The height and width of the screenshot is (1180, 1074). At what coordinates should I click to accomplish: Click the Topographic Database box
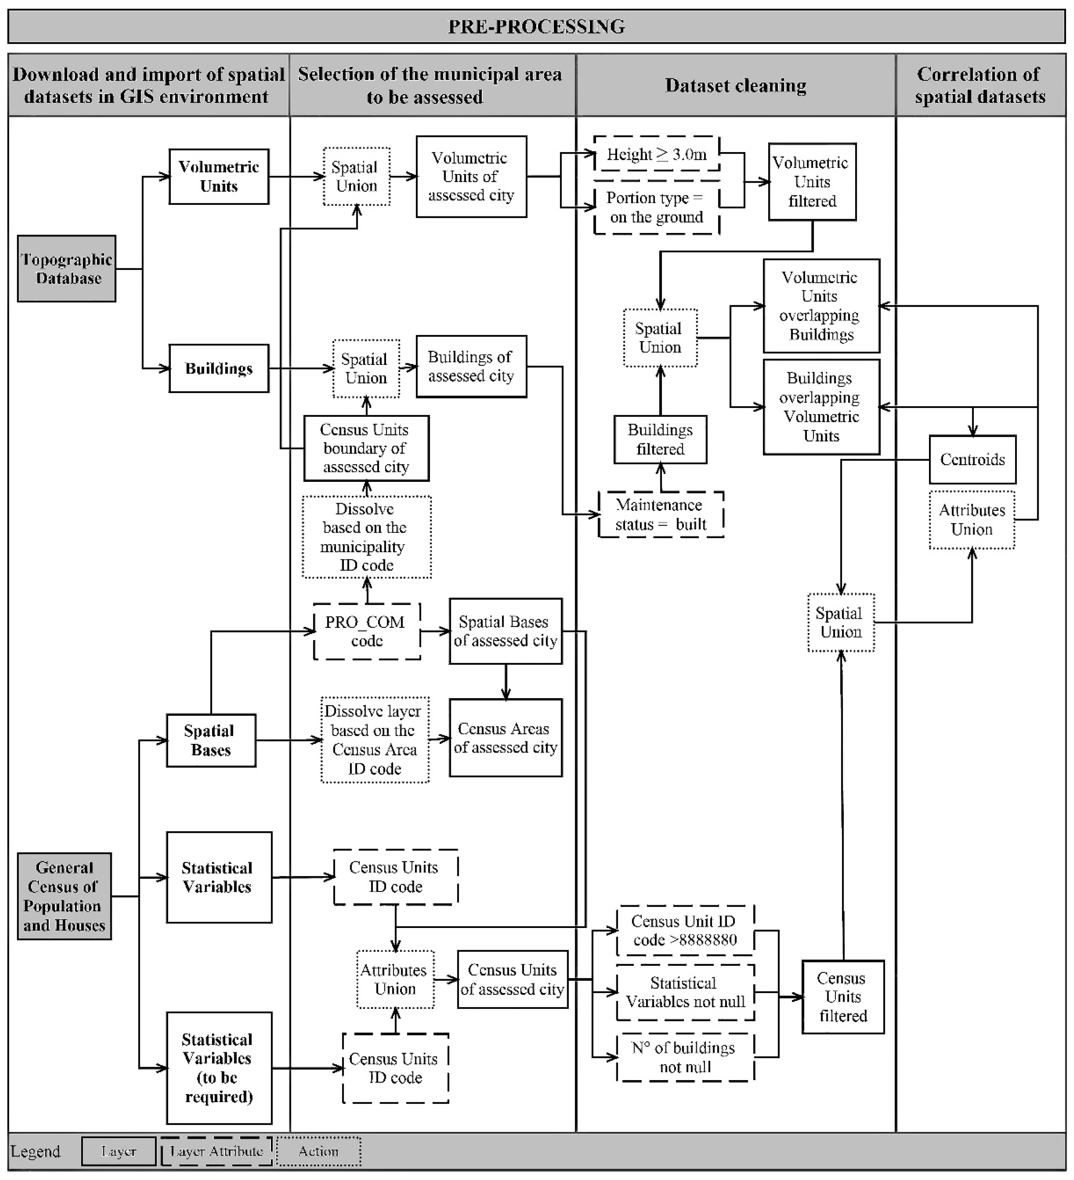coord(66,269)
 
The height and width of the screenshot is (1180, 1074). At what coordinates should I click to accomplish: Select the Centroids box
coord(972,460)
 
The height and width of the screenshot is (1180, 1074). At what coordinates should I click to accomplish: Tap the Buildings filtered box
coord(660,440)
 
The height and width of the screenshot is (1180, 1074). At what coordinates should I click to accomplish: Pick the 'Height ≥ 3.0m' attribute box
coord(656,154)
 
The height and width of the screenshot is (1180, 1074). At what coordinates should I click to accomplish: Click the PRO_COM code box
coord(367,631)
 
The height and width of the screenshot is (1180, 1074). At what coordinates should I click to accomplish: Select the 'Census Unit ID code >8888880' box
coord(685,931)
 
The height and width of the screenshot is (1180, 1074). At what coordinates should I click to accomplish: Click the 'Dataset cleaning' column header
coord(736,85)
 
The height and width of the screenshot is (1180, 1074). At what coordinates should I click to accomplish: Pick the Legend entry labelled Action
coord(318,1151)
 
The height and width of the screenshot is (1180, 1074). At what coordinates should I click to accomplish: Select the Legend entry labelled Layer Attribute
coord(216,1151)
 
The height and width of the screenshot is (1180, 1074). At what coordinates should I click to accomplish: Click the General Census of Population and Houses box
coord(64,896)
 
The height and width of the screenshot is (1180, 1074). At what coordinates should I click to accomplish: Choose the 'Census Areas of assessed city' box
coord(506,737)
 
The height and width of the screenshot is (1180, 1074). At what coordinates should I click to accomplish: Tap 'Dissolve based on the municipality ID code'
coord(366,537)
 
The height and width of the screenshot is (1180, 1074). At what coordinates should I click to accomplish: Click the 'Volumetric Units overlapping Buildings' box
coord(821,306)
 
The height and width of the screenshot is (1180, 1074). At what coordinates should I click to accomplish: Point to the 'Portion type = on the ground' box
coord(656,208)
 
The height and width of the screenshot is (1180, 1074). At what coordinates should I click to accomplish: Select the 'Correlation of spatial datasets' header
coord(980,85)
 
